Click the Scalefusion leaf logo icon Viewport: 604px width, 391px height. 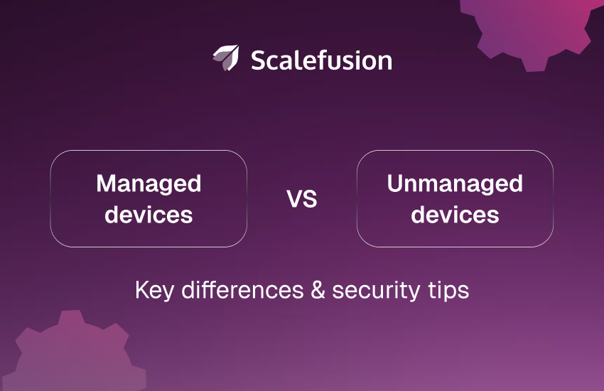point(225,58)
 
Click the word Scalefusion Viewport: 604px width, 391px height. point(321,60)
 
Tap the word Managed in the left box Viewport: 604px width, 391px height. point(149,184)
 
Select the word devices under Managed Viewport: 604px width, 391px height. point(149,214)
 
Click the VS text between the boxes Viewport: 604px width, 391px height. point(302,200)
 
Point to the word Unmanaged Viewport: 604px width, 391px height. point(455,184)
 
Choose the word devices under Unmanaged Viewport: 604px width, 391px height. point(455,214)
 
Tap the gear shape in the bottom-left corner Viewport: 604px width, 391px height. point(68,355)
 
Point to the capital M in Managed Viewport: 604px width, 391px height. point(106,184)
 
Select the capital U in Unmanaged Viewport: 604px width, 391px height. point(395,184)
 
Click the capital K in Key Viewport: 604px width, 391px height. point(140,290)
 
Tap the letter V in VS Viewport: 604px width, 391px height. point(294,200)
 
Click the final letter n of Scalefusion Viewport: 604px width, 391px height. point(385,62)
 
